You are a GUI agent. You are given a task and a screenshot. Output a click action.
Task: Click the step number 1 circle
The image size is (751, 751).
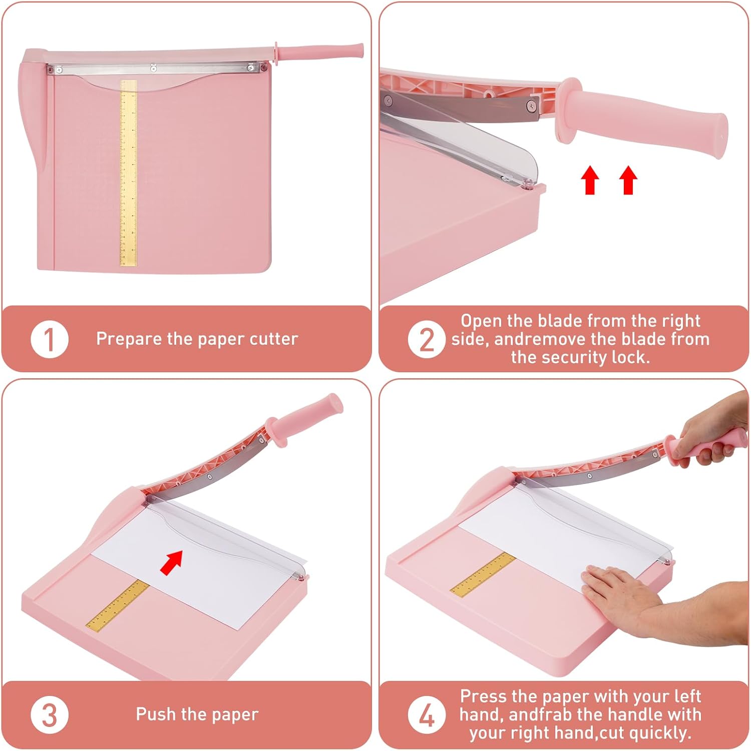coord(49,340)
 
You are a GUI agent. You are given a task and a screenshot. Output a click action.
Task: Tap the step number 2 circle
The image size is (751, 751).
coord(426,340)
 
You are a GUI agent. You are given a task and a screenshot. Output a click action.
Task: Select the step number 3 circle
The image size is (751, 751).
coord(49,715)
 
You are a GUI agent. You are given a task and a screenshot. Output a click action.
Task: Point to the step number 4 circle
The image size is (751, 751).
coord(426,715)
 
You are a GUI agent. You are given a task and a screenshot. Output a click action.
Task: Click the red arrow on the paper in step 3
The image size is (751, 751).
coord(171,562)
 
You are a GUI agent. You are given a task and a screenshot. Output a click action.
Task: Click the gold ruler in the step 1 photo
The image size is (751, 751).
coord(129,173)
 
